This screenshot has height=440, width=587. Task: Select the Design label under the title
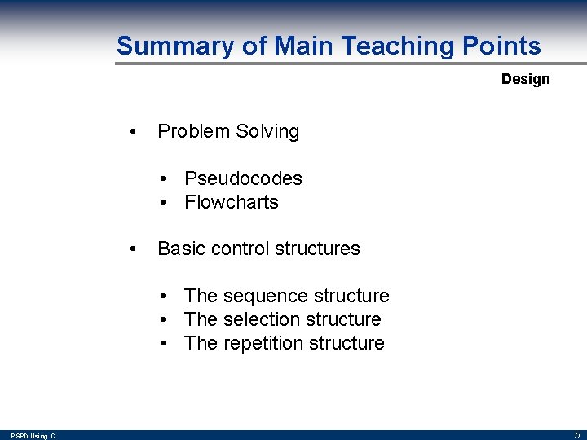(x=525, y=79)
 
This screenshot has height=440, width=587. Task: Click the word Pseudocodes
(x=243, y=178)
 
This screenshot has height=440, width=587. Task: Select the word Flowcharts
(x=232, y=202)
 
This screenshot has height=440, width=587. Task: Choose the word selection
(x=263, y=319)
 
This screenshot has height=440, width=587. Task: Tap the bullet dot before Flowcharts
(x=164, y=203)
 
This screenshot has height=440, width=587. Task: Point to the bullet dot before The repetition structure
(x=164, y=344)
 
